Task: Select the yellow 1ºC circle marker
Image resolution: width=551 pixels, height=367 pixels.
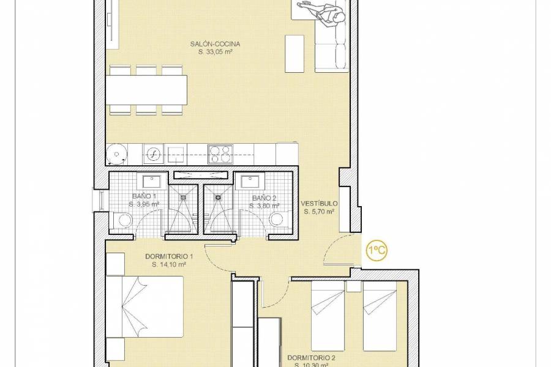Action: tap(376, 250)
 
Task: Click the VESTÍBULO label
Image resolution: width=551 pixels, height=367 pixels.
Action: tap(319, 204)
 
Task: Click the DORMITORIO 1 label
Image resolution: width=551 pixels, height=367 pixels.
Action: tap(169, 256)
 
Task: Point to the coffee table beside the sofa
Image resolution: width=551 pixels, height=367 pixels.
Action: tap(294, 52)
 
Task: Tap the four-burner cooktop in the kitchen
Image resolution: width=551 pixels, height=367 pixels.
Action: tap(220, 153)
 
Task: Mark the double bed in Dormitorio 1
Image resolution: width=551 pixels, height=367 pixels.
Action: tap(145, 306)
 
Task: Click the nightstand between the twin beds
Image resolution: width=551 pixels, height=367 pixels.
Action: tap(354, 286)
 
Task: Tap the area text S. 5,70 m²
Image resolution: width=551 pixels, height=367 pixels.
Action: tap(319, 212)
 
